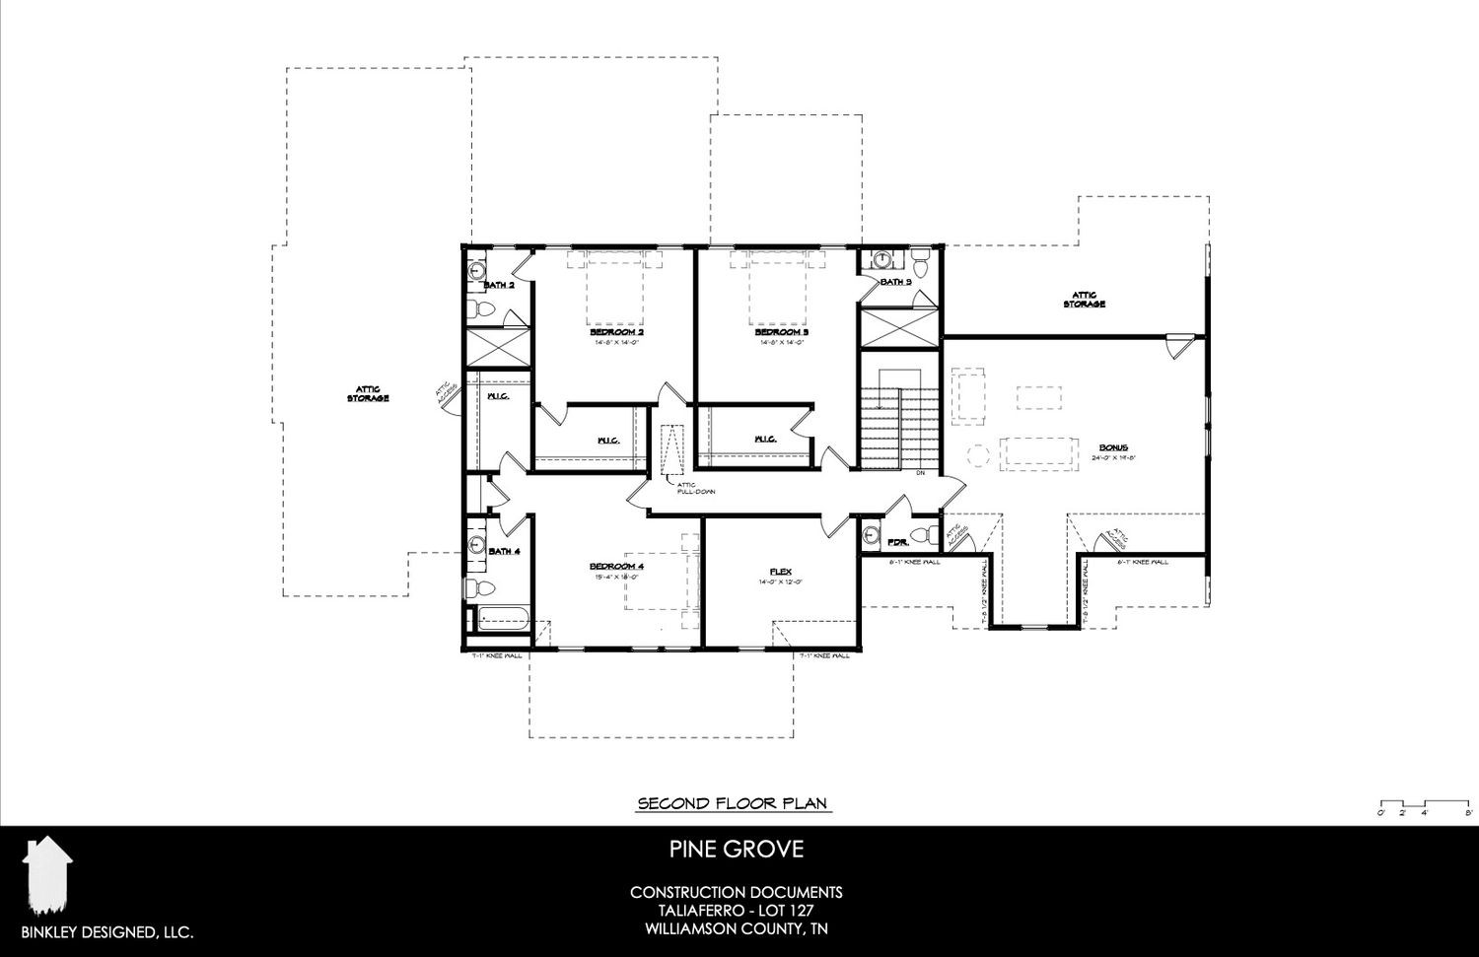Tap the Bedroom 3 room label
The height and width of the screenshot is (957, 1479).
pyautogui.click(x=782, y=333)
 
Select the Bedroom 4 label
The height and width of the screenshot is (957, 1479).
pyautogui.click(x=616, y=566)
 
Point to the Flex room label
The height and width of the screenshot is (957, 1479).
pyautogui.click(x=781, y=572)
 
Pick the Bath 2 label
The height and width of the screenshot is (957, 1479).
pyautogui.click(x=499, y=286)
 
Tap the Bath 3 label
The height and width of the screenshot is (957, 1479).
pyautogui.click(x=895, y=282)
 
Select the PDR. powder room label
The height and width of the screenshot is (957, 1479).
pyautogui.click(x=897, y=543)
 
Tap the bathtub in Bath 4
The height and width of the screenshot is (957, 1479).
pyautogui.click(x=504, y=622)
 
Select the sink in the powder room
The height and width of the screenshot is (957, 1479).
pyautogui.click(x=871, y=536)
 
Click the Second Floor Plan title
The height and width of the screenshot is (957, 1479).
pyautogui.click(x=735, y=803)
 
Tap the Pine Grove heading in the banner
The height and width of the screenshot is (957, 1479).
pyautogui.click(x=736, y=849)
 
